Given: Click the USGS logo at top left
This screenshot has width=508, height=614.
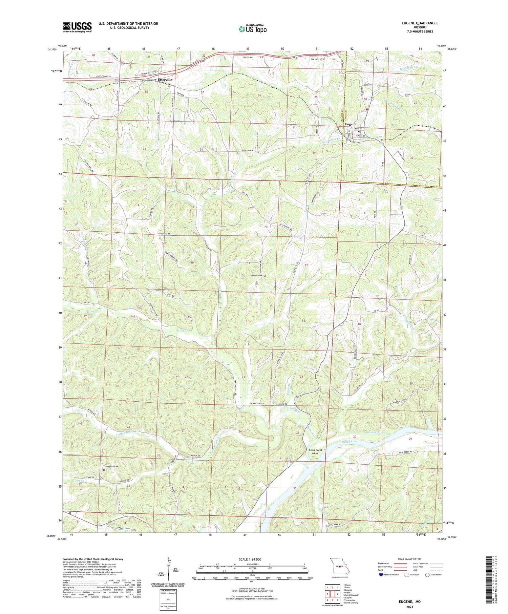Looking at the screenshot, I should [x=77, y=27].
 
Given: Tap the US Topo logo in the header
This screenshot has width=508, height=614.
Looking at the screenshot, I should [x=252, y=29].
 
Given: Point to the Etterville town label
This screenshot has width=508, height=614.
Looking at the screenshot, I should [x=165, y=80].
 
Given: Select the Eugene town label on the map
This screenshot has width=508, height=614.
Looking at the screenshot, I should [x=351, y=124].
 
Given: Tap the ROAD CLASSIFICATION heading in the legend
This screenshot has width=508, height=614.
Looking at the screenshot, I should [x=410, y=559].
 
